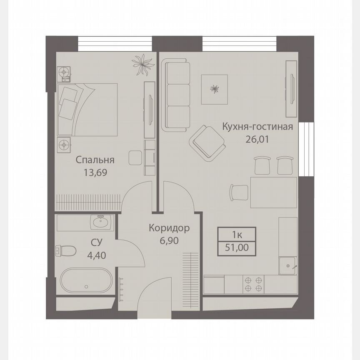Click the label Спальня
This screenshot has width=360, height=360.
95,160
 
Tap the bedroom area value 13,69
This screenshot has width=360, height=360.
95,172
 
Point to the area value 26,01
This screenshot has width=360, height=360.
257,139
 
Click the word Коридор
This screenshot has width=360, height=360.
170,228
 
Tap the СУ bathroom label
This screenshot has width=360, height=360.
96,242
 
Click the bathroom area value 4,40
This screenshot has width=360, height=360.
96,255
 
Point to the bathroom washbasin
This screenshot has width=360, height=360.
100,222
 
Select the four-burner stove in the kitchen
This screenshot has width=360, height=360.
254,284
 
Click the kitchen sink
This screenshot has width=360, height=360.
287,265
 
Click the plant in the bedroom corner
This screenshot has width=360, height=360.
143,65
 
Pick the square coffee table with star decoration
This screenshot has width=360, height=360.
215,89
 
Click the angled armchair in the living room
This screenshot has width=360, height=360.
207,142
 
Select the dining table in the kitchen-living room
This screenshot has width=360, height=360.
273,192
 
